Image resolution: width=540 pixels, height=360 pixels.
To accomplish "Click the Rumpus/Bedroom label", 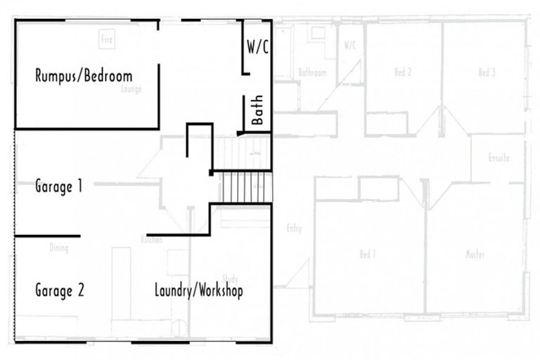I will click(x=84, y=76).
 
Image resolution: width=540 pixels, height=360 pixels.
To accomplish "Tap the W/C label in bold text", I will click(x=257, y=47).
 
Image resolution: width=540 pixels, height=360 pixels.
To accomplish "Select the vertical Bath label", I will click(x=257, y=110).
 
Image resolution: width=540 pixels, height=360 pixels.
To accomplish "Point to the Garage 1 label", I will click(x=59, y=187).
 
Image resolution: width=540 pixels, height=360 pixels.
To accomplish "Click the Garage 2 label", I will click(x=60, y=290).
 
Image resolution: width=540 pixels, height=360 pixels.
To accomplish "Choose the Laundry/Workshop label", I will click(x=199, y=290).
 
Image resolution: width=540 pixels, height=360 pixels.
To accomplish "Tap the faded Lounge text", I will click(x=131, y=89).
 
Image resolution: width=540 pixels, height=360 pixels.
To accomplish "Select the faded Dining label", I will click(x=59, y=247).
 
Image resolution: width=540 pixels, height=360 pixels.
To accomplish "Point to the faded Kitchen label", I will click(x=151, y=240).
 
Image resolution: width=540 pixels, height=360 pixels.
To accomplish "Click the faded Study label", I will click(x=230, y=278).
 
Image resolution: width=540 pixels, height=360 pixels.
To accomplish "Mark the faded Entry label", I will click(x=294, y=229).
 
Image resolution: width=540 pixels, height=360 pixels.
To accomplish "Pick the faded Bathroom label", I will click(x=312, y=72).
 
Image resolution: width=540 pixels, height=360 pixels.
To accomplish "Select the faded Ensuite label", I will click(x=499, y=158).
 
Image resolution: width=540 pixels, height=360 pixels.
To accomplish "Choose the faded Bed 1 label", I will click(x=367, y=255).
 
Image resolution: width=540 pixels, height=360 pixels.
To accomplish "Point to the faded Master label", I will click(x=475, y=255).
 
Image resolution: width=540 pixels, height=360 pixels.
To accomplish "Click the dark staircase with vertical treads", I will click(x=247, y=187).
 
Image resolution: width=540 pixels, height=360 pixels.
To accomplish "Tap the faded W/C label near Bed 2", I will click(x=350, y=45).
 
